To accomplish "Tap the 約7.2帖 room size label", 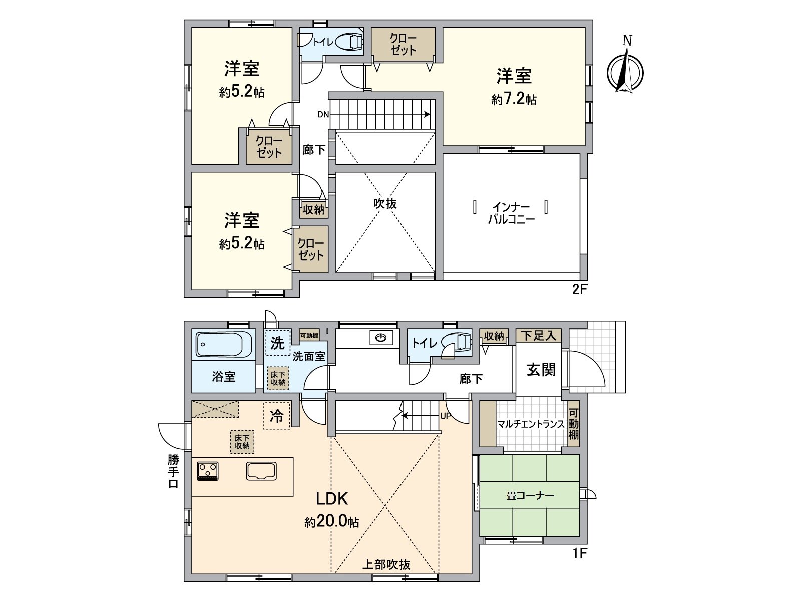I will click(x=514, y=99).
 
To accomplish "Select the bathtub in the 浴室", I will click(x=224, y=345).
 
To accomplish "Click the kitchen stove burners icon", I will click(x=208, y=471).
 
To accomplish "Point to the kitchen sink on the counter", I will click(x=261, y=471).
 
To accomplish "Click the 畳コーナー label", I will click(x=530, y=496).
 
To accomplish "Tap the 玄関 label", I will click(x=541, y=370).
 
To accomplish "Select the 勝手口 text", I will click(x=173, y=471).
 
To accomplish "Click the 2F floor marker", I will click(x=579, y=290).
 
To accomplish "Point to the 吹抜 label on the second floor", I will click(x=384, y=203).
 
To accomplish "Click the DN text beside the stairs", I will click(x=323, y=114).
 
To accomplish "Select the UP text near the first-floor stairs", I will click(x=446, y=416).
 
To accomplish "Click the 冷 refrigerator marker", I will click(x=276, y=416).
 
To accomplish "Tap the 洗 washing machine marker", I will click(x=277, y=343).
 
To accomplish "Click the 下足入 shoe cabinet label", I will click(x=538, y=335).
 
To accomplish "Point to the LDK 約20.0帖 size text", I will click(x=331, y=522).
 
